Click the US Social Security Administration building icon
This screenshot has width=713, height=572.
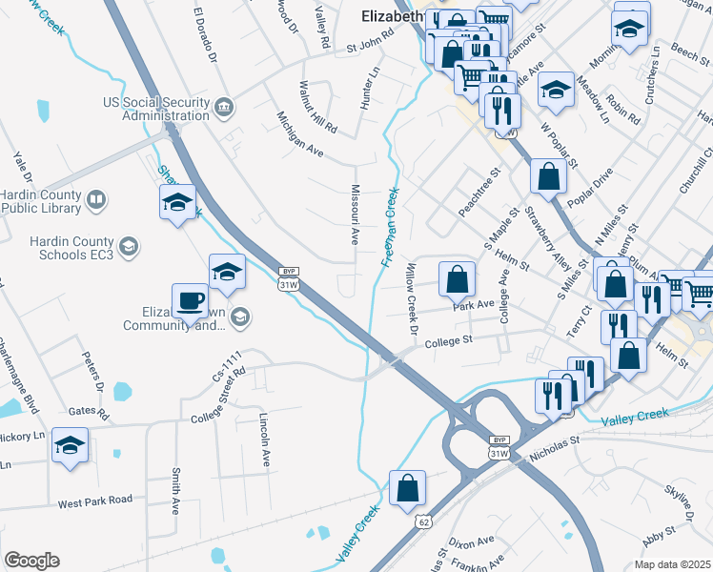tap(224, 107)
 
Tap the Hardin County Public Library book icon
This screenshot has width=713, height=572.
tap(95, 200)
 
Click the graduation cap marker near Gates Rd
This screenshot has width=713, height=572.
tap(71, 445)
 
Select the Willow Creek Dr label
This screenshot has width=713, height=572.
tap(414, 298)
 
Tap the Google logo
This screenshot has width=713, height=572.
tap(31, 561)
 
